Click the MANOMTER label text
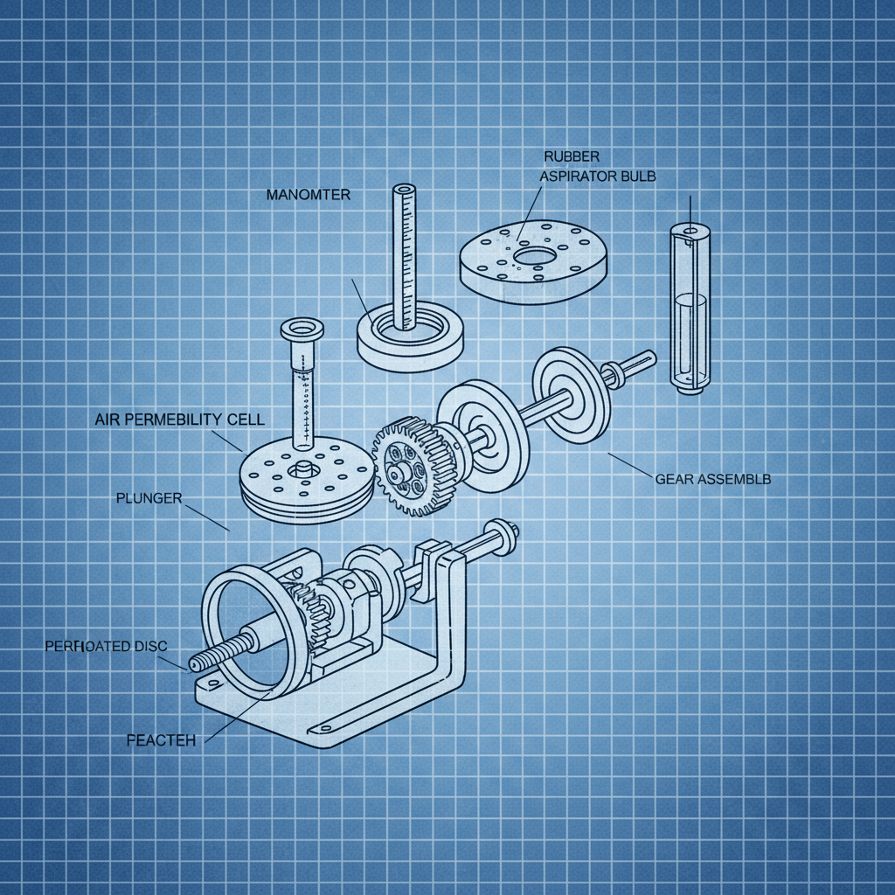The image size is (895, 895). pyautogui.click(x=308, y=195)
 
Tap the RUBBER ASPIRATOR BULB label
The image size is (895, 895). pyautogui.click(x=599, y=166)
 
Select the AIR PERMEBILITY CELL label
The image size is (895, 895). pyautogui.click(x=178, y=420)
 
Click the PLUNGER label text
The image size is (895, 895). pyautogui.click(x=149, y=498)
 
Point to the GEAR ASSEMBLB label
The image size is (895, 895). pyautogui.click(x=712, y=479)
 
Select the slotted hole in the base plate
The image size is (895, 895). pyautogui.click(x=331, y=725)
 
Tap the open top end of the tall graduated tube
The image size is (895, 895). pyautogui.click(x=405, y=189)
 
